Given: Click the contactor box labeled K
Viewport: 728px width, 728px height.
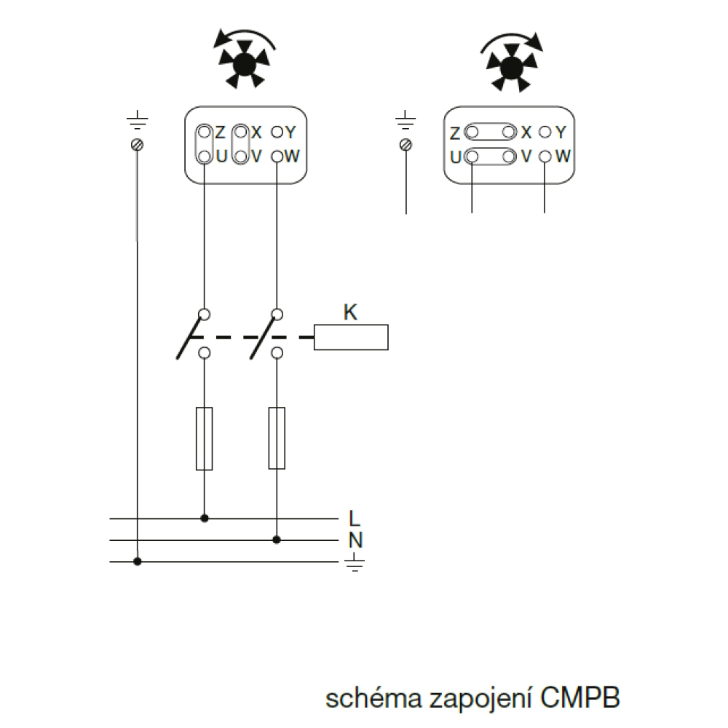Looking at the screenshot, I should click(x=351, y=337).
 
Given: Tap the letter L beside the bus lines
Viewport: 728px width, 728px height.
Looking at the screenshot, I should click(x=355, y=518).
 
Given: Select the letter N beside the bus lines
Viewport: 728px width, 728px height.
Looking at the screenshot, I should click(x=356, y=540).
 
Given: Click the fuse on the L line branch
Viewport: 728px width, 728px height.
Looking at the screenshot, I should click(x=205, y=438).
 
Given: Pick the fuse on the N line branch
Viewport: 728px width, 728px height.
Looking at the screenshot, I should click(x=277, y=438).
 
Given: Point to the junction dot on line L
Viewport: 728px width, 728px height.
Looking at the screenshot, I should click(x=205, y=518).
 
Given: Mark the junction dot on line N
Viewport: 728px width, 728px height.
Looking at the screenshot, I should click(x=277, y=540).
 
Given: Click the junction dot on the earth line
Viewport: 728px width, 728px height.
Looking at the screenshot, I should click(x=137, y=562).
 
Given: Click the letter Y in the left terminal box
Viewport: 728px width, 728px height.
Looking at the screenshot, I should click(x=290, y=132).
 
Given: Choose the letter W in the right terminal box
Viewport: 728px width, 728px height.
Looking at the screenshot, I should click(x=563, y=157).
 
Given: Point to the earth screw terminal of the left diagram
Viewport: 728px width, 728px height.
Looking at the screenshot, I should click(x=137, y=144).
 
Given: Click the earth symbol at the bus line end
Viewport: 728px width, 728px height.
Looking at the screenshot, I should click(x=355, y=562).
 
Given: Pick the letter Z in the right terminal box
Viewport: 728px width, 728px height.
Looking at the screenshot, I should click(x=455, y=133).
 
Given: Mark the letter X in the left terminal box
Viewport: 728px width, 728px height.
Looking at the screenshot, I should click(x=256, y=132).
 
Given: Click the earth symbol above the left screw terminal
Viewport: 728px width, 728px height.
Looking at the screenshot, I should click(x=137, y=119).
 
